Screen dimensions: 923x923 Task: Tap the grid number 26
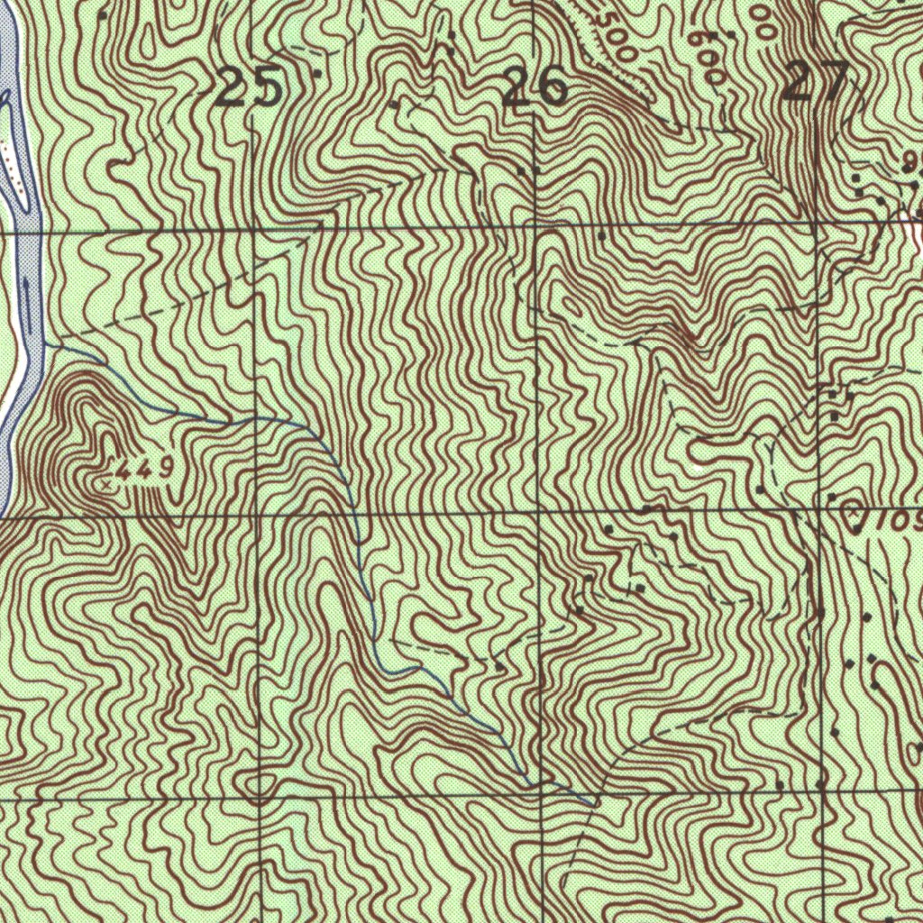point(535,87)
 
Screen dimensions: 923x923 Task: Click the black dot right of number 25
point(317,72)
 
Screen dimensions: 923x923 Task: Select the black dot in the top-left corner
point(103,15)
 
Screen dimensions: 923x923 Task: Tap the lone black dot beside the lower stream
point(501,667)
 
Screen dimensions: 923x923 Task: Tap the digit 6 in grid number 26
point(551,87)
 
